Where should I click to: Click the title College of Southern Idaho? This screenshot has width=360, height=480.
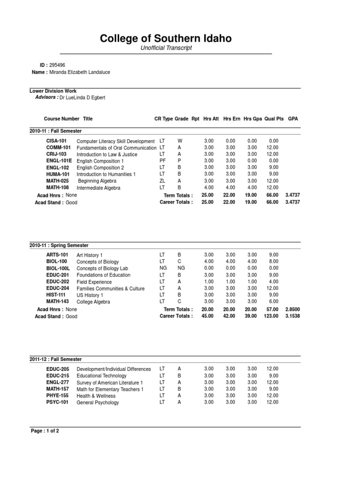click(166, 38)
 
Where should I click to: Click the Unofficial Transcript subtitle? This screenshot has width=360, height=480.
click(166, 48)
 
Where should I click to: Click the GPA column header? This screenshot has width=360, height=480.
click(293, 119)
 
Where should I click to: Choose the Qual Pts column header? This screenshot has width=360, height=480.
click(274, 119)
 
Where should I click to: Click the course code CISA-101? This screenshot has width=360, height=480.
click(57, 141)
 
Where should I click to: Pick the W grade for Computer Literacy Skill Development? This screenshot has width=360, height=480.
click(180, 141)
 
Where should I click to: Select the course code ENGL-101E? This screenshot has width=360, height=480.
click(60, 161)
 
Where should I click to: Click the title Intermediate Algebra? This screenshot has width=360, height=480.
click(98, 187)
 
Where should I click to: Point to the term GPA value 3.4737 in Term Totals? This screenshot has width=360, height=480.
click(292, 195)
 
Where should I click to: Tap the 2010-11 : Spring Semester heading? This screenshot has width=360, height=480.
click(59, 245)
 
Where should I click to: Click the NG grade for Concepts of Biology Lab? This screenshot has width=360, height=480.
click(180, 268)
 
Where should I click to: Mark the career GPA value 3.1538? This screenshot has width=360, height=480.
click(292, 316)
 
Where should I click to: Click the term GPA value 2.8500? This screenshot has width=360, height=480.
click(292, 309)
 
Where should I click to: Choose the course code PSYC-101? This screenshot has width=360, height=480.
click(57, 402)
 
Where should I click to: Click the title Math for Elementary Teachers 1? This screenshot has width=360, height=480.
click(110, 389)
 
